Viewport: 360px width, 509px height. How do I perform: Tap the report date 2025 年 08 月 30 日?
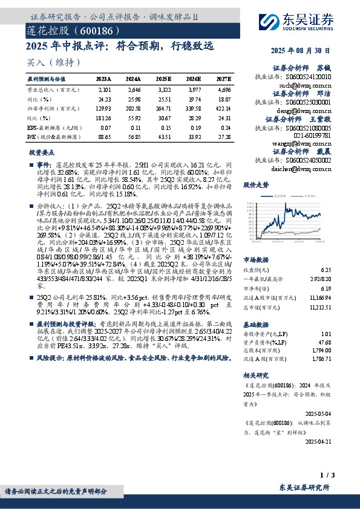(x=301, y=52)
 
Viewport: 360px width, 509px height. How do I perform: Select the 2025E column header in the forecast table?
(x=163, y=79)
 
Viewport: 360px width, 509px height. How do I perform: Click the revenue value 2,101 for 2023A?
(x=103, y=89)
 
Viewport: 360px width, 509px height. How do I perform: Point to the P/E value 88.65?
(x=103, y=138)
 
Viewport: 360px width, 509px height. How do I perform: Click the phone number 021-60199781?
(x=310, y=137)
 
